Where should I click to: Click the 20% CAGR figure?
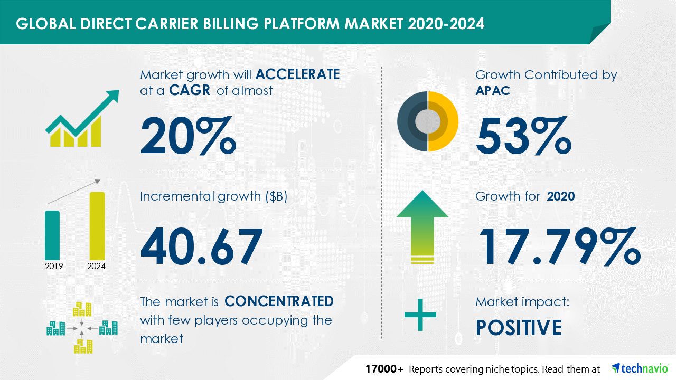[x=188, y=136]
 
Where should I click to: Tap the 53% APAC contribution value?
[x=523, y=136]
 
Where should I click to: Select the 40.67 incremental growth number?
[x=202, y=246]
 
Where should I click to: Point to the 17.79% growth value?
[x=560, y=246]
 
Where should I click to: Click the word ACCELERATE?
[x=297, y=74]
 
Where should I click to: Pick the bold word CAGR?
[x=190, y=90]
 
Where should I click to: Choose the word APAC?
[x=493, y=90]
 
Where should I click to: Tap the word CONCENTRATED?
[x=279, y=301]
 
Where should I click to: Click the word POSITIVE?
[x=519, y=328]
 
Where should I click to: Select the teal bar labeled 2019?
[x=52, y=235]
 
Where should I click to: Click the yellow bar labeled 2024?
[x=97, y=226]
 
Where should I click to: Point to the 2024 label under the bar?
[x=96, y=266]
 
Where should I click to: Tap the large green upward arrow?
[x=422, y=227]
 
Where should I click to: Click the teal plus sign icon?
[x=420, y=315]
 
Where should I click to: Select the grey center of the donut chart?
[x=428, y=121]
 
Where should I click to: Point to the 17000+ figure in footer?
[x=384, y=369]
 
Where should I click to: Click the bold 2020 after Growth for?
[x=561, y=196]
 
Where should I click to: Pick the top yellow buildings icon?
[x=82, y=309]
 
